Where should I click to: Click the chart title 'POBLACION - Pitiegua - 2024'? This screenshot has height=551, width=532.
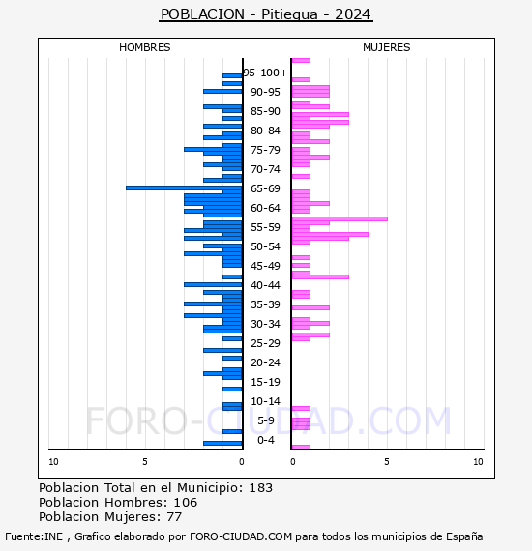tap(266, 14)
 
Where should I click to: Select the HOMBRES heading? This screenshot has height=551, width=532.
tap(144, 47)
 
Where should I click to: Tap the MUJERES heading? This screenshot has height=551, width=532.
tap(387, 47)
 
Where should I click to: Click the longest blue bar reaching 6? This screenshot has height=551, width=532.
tap(184, 188)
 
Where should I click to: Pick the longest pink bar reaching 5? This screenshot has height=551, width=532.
tap(340, 218)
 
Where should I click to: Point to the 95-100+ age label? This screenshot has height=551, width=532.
tap(265, 72)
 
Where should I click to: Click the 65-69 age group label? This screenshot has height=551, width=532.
tap(265, 188)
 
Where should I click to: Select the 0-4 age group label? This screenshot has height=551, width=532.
tap(266, 440)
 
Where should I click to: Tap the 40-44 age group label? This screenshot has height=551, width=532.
tap(265, 285)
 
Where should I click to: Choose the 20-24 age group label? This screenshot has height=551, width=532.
tap(265, 362)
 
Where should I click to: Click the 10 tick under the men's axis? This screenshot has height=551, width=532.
tap(53, 462)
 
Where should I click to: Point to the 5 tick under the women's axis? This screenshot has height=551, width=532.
tap(387, 462)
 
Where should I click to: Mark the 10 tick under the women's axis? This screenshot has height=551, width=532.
tap(478, 462)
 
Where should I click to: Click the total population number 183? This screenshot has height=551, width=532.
tap(261, 488)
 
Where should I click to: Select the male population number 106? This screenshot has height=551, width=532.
tap(186, 502)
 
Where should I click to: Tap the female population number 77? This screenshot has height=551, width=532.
tap(174, 517)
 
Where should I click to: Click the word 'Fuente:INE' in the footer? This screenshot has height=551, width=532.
tap(34, 536)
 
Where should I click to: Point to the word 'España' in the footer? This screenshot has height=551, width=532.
tap(464, 536)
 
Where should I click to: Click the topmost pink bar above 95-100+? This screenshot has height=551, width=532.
tap(301, 61)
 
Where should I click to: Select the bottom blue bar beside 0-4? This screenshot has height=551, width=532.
tap(222, 443)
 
